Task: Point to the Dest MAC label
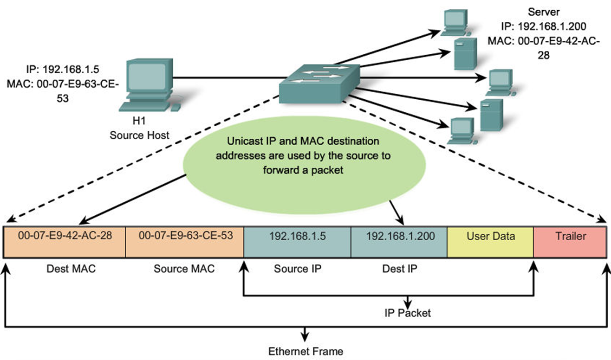[71, 269]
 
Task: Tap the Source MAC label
[184, 269]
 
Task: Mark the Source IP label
[298, 269]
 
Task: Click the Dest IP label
[400, 269]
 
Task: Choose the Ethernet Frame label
[306, 351]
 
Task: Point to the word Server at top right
[543, 12]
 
